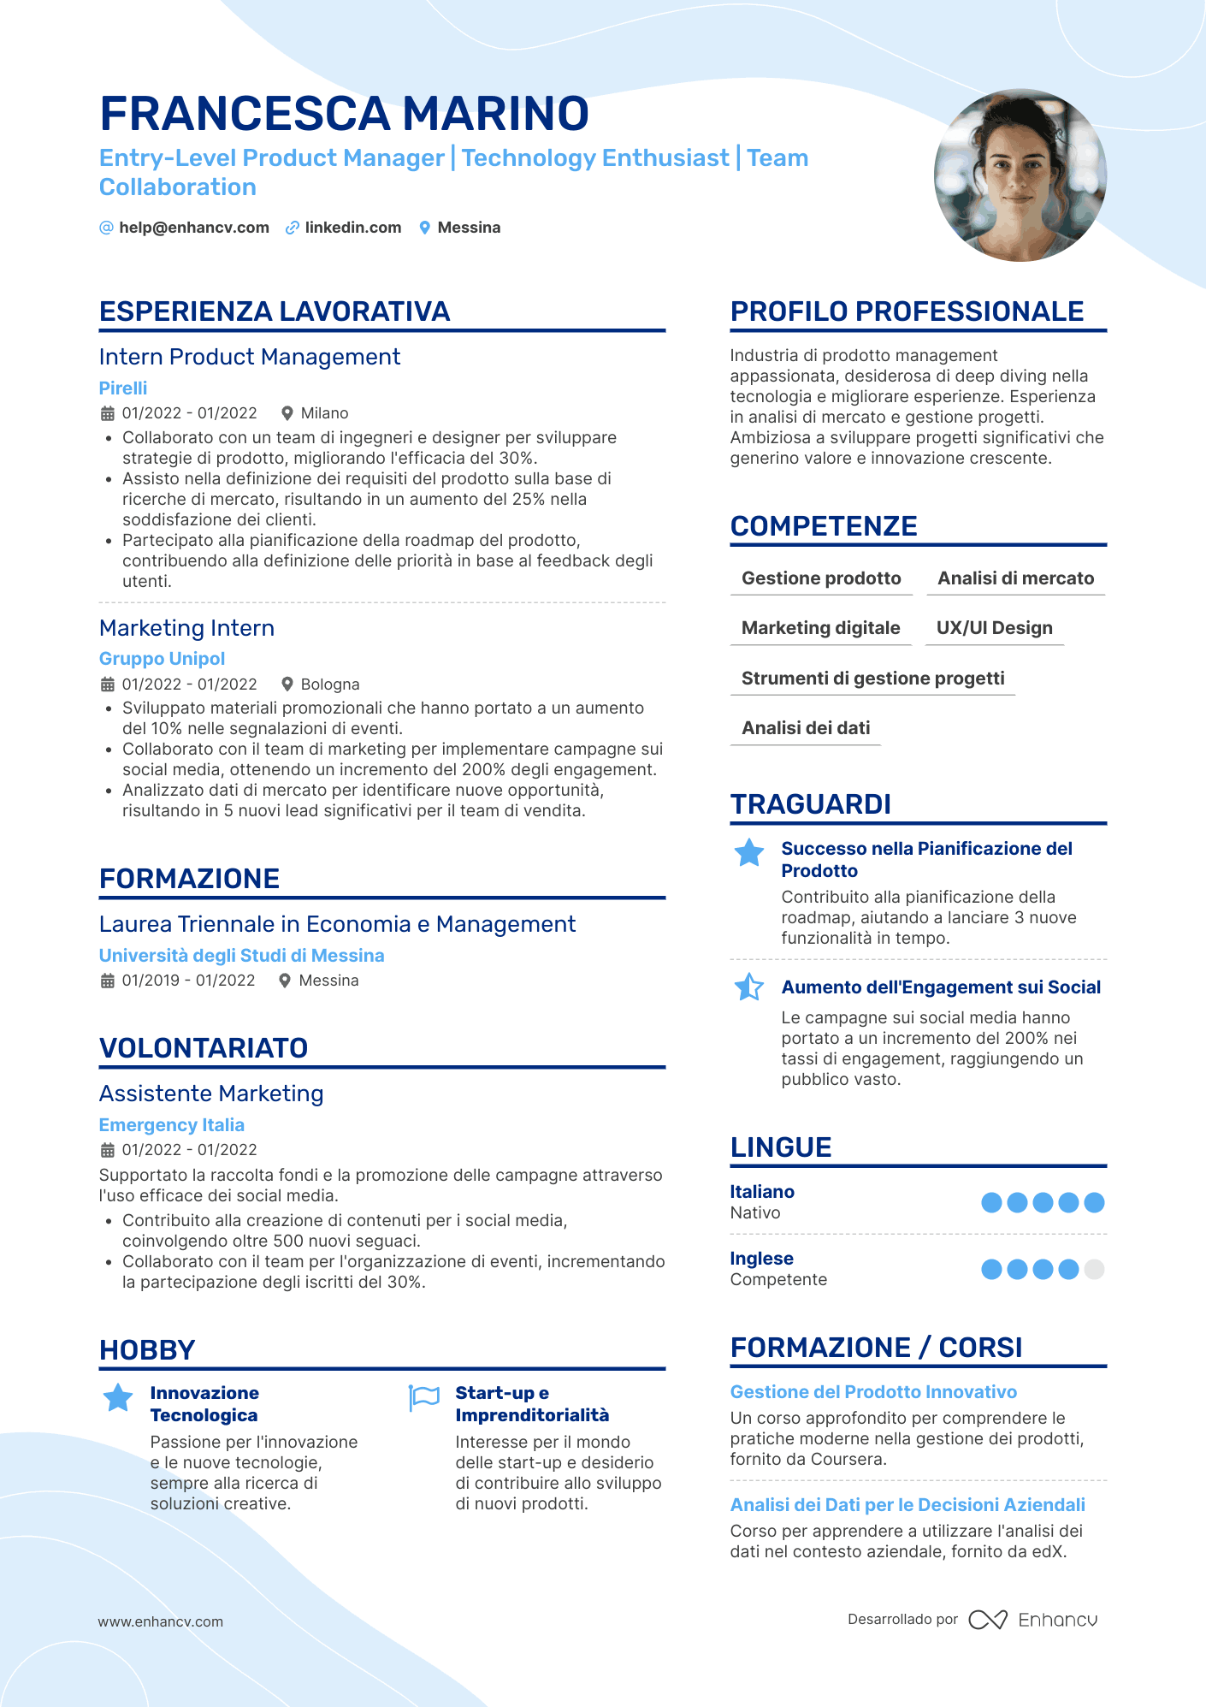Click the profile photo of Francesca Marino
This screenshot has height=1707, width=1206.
[x=1020, y=175]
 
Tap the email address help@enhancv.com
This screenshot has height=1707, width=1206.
[x=194, y=228]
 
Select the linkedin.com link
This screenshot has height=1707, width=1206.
[x=352, y=228]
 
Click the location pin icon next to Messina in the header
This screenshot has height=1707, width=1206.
[x=424, y=228]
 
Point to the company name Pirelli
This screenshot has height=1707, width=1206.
[x=123, y=388]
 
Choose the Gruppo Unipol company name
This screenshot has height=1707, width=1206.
[x=162, y=659]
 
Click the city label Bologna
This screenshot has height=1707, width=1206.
[x=330, y=685]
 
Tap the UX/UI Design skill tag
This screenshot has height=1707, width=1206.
[x=994, y=628]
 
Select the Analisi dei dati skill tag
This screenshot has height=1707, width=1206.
[x=806, y=728]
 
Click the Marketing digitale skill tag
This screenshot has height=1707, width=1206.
[x=820, y=628]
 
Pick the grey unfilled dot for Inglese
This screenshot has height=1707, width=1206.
[x=1094, y=1269]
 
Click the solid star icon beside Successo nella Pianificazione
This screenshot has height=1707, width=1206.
[x=749, y=852]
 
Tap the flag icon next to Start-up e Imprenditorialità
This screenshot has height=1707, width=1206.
[x=423, y=1398]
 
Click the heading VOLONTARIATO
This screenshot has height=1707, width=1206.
[x=204, y=1048]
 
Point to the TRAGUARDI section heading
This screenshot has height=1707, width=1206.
[x=810, y=804]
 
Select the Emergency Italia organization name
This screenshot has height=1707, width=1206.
[x=172, y=1125]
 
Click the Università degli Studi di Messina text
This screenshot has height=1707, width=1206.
[x=241, y=956]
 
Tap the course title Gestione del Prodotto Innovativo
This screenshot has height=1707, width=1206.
[x=873, y=1392]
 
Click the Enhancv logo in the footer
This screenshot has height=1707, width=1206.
[x=1033, y=1620]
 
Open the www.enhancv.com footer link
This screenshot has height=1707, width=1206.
[x=161, y=1621]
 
